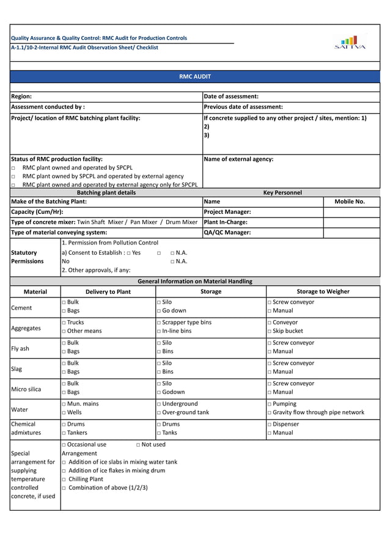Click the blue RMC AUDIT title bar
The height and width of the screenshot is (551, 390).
pos(194,76)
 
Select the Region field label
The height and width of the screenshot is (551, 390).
pos(21,97)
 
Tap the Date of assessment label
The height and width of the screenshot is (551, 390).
pos(230,97)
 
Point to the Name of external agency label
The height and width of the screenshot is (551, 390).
pos(238,159)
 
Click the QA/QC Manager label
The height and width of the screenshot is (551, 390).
pos(225,232)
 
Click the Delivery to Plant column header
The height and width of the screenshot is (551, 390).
pos(108,291)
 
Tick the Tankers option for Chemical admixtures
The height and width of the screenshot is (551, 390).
pos(76,432)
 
